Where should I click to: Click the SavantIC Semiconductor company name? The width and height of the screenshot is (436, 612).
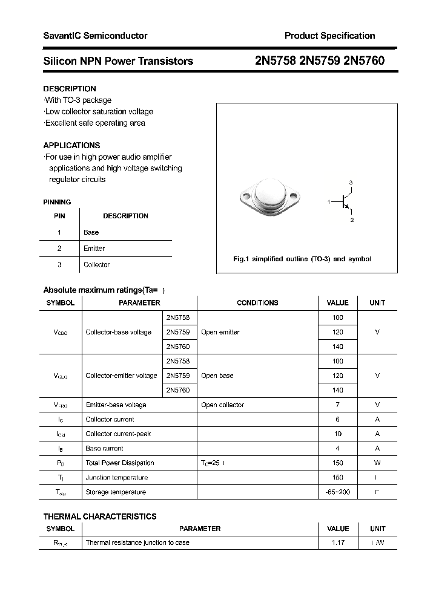[x=95, y=36]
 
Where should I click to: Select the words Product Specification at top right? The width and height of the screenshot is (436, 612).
[x=329, y=36]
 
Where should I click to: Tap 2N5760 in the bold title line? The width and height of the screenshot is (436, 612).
[x=363, y=61]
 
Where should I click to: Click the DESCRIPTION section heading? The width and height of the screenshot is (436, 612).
[x=70, y=89]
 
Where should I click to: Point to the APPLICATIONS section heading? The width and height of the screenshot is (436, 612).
[x=71, y=146]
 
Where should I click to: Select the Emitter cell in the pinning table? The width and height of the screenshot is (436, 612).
[x=94, y=249]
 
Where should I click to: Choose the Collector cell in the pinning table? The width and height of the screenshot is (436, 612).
[x=96, y=265]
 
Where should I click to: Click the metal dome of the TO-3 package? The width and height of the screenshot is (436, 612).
[x=268, y=194]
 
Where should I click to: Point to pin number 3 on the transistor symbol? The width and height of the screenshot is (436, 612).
[x=351, y=183]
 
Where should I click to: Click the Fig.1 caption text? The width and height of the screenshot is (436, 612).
[x=302, y=259]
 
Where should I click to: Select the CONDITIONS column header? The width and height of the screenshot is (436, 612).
[x=257, y=303]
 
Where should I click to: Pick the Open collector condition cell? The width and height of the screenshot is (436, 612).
[x=222, y=405]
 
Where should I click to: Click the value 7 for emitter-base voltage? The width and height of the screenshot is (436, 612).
[x=338, y=405]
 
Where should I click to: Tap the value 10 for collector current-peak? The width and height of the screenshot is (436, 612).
[x=338, y=434]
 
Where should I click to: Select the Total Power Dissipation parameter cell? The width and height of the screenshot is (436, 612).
[x=120, y=463]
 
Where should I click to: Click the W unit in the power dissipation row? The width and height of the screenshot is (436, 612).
[x=377, y=463]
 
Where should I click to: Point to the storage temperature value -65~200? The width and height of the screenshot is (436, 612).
[x=338, y=492]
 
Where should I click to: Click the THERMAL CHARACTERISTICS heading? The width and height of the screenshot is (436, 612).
[x=100, y=516]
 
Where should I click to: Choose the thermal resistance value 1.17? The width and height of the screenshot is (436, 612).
[x=338, y=543]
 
